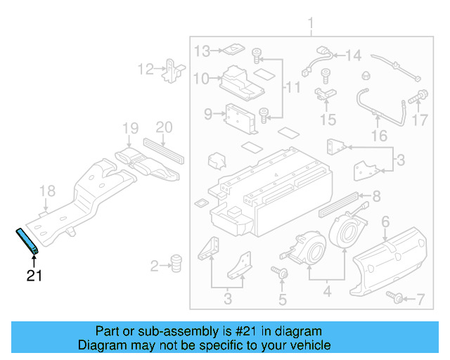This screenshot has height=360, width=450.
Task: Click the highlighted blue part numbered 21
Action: click(28, 240)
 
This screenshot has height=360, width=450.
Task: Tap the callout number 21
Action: click(34, 276)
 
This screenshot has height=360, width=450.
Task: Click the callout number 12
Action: click(146, 69)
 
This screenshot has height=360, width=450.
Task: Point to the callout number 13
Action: click(202, 51)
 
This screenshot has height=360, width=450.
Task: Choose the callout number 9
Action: click(208, 114)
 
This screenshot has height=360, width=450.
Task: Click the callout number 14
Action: click(352, 55)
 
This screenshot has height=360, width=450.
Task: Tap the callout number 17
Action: click(420, 120)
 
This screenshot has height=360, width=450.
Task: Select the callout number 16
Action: click(379, 136)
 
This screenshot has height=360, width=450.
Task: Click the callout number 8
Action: click(376, 196)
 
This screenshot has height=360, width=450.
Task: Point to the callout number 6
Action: click(385, 223)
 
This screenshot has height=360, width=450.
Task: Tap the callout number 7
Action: click(420, 300)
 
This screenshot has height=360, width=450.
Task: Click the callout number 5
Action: click(282, 301)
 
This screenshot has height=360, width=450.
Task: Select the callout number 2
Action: click(155, 266)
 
